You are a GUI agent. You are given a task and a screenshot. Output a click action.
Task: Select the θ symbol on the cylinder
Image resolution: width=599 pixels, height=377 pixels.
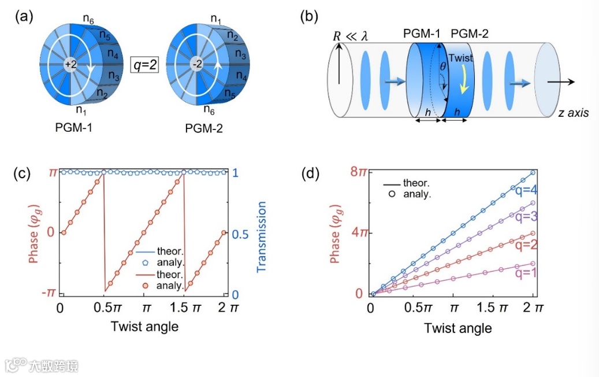[x=443, y=67]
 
